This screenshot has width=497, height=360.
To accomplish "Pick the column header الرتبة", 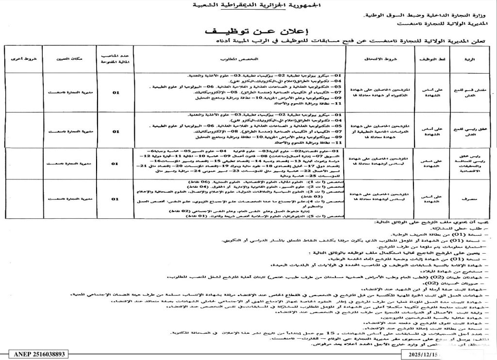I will click(x=469, y=59).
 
